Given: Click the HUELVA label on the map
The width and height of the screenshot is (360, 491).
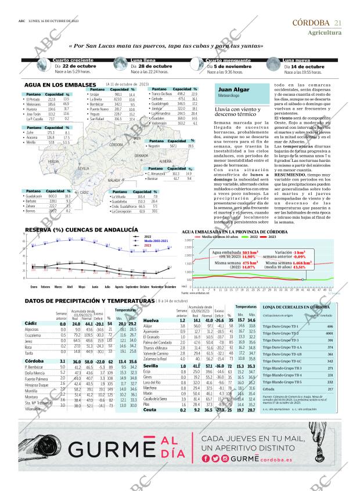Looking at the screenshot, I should (x=53, y=161).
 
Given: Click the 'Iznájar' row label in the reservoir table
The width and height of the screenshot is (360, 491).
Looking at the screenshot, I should (x=95, y=95).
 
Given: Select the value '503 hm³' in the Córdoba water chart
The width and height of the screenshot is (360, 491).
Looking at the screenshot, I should (x=250, y=253).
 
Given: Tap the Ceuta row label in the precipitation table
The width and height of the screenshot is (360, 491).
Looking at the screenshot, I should (x=150, y=410).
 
